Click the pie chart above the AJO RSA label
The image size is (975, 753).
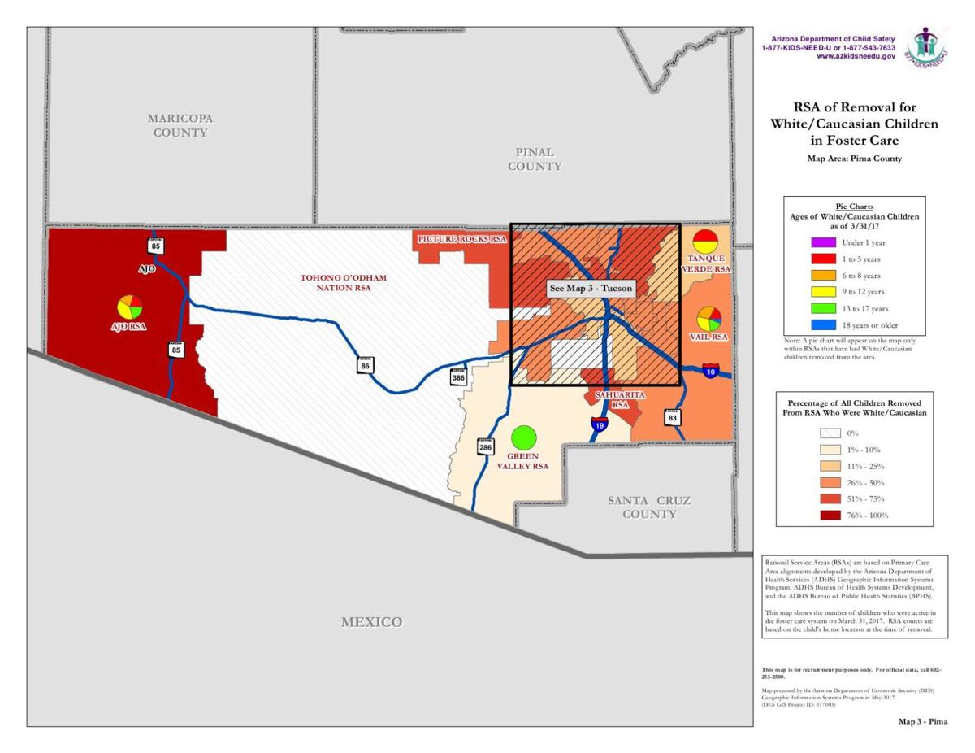pos(130,307)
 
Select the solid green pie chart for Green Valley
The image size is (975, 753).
pos(524,437)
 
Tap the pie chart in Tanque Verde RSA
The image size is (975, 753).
pos(705,241)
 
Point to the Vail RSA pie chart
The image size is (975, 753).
pos(709,318)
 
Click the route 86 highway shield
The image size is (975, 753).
pos(365,365)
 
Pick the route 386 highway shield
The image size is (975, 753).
pos(459,377)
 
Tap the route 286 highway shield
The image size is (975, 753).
pos(484,446)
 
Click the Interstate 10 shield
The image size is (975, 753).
pos(711,371)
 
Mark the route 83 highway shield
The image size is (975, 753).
pos(672,417)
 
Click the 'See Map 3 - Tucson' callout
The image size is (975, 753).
pos(591,289)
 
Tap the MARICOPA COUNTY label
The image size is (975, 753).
pos(180,125)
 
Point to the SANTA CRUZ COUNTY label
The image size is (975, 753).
pos(649,507)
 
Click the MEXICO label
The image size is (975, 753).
pos(371,622)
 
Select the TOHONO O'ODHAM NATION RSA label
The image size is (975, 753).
pos(343,283)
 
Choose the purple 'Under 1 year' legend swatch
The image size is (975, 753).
pos(823,243)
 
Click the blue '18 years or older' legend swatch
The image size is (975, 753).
pos(823,325)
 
